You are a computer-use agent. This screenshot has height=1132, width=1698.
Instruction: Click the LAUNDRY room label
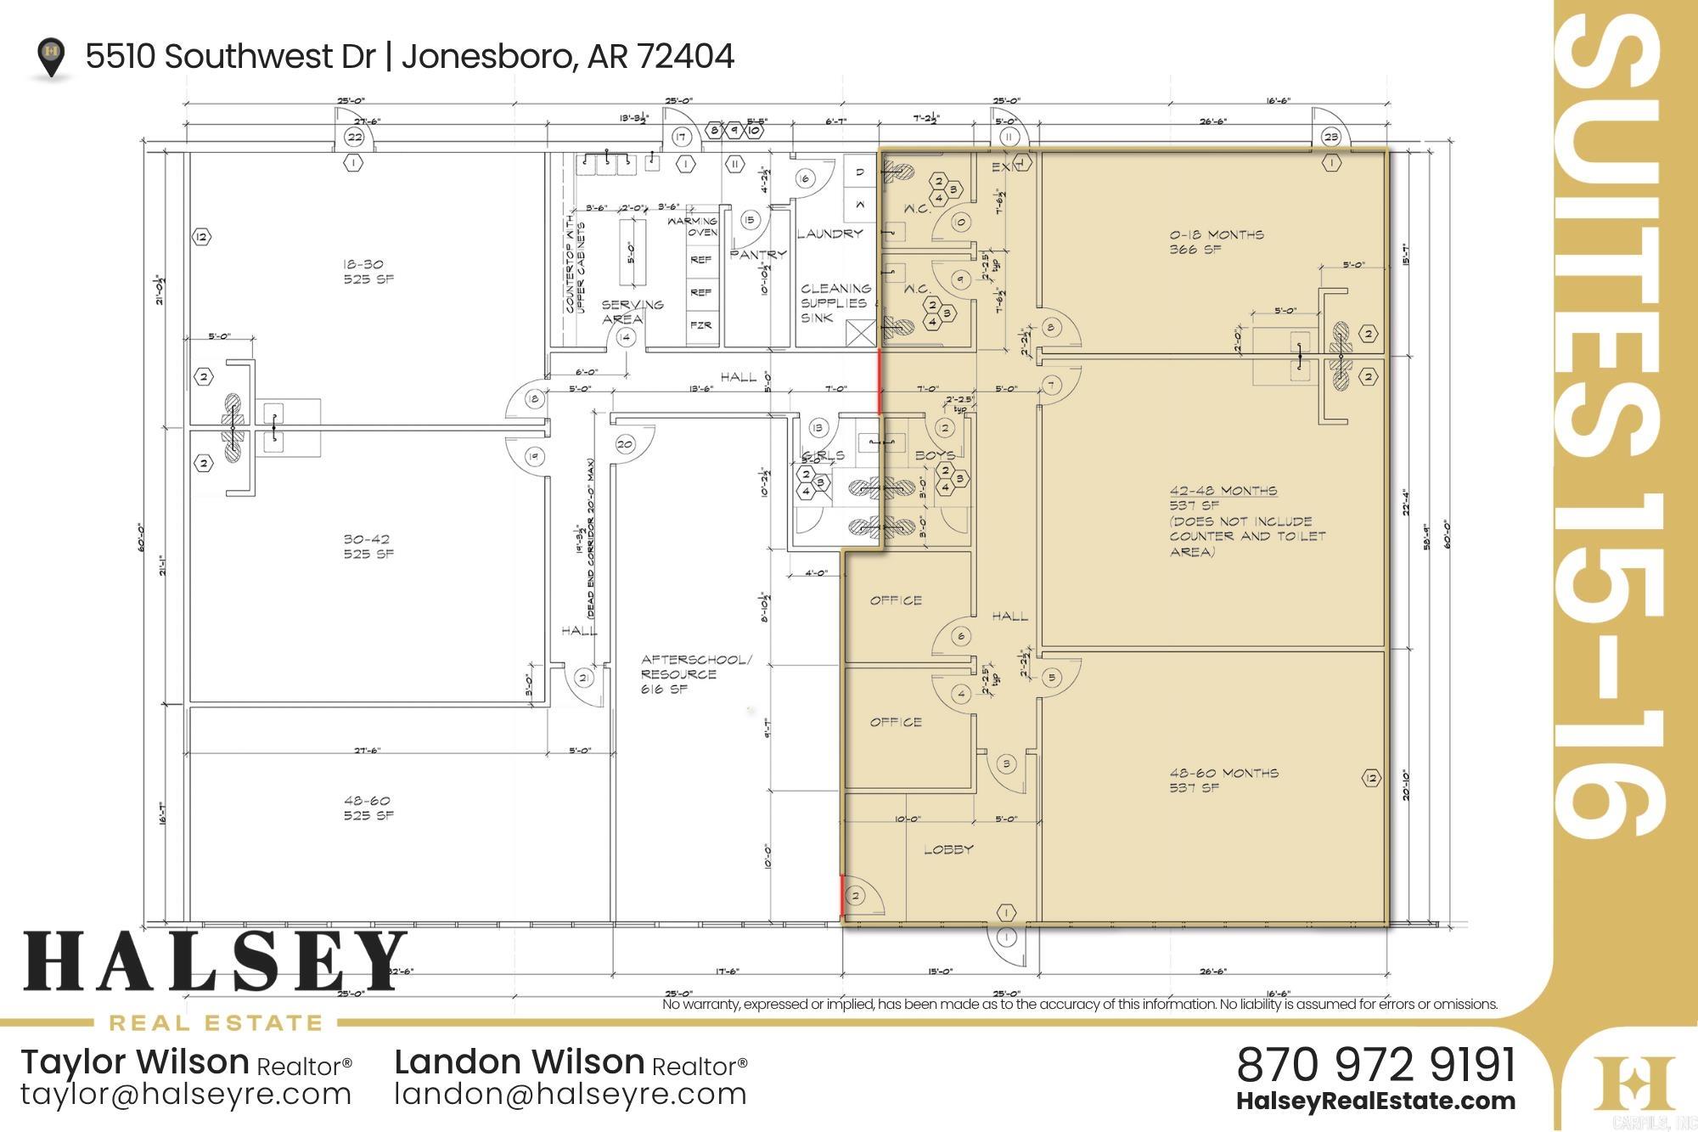pyautogui.click(x=829, y=234)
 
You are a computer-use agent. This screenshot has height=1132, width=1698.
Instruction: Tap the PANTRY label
pyautogui.click(x=757, y=254)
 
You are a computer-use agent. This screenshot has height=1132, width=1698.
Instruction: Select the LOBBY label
pyautogui.click(x=948, y=849)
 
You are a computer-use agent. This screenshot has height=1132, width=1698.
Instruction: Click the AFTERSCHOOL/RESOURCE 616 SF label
pyautogui.click(x=695, y=674)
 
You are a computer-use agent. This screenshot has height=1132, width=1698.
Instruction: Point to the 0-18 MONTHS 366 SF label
pyautogui.click(x=1216, y=242)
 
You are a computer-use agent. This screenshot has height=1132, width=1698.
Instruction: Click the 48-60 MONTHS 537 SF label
pyautogui.click(x=1223, y=780)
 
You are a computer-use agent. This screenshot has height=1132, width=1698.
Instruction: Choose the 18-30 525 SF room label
pyautogui.click(x=368, y=272)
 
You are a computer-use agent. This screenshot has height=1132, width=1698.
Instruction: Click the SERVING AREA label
pyautogui.click(x=632, y=312)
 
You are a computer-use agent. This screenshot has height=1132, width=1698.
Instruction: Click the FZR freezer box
pyautogui.click(x=700, y=325)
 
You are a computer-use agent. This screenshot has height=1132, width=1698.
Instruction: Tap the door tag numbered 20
pyautogui.click(x=626, y=444)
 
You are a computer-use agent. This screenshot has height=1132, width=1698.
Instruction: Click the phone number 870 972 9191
pyautogui.click(x=1375, y=1064)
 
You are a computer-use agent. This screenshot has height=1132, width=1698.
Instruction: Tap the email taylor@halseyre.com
pyautogui.click(x=186, y=1094)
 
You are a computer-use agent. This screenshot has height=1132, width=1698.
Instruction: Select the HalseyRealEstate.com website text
pyautogui.click(x=1375, y=1101)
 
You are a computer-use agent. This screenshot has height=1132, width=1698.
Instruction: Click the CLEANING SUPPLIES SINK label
pyautogui.click(x=835, y=303)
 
